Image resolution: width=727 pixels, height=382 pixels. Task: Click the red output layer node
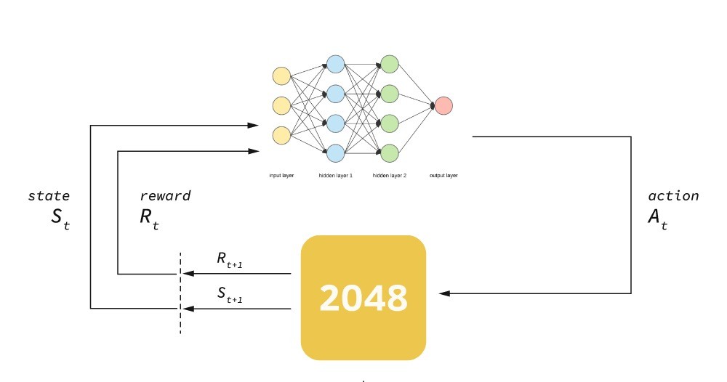point(443,106)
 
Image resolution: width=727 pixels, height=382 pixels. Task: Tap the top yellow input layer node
point(281,76)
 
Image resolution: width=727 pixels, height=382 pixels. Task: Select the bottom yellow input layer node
point(281,135)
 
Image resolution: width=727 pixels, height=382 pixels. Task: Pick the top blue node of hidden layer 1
point(335,64)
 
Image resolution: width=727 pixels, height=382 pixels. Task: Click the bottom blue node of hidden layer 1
point(335,153)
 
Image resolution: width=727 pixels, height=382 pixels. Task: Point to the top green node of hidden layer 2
point(390,64)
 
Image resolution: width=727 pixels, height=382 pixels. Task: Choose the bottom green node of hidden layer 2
point(390,153)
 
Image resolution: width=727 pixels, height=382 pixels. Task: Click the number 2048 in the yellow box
point(363,298)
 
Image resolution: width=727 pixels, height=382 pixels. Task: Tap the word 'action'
point(673,196)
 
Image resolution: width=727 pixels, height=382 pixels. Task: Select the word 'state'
point(49,196)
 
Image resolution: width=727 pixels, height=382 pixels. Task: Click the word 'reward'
point(165,196)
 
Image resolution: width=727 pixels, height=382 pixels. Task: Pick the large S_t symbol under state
point(60,219)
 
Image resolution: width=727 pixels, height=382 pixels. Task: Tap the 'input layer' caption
point(281,176)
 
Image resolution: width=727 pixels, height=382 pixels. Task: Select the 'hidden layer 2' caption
point(390,176)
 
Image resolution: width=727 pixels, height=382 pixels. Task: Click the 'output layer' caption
point(443,176)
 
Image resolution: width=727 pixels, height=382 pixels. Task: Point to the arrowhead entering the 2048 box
point(444,293)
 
